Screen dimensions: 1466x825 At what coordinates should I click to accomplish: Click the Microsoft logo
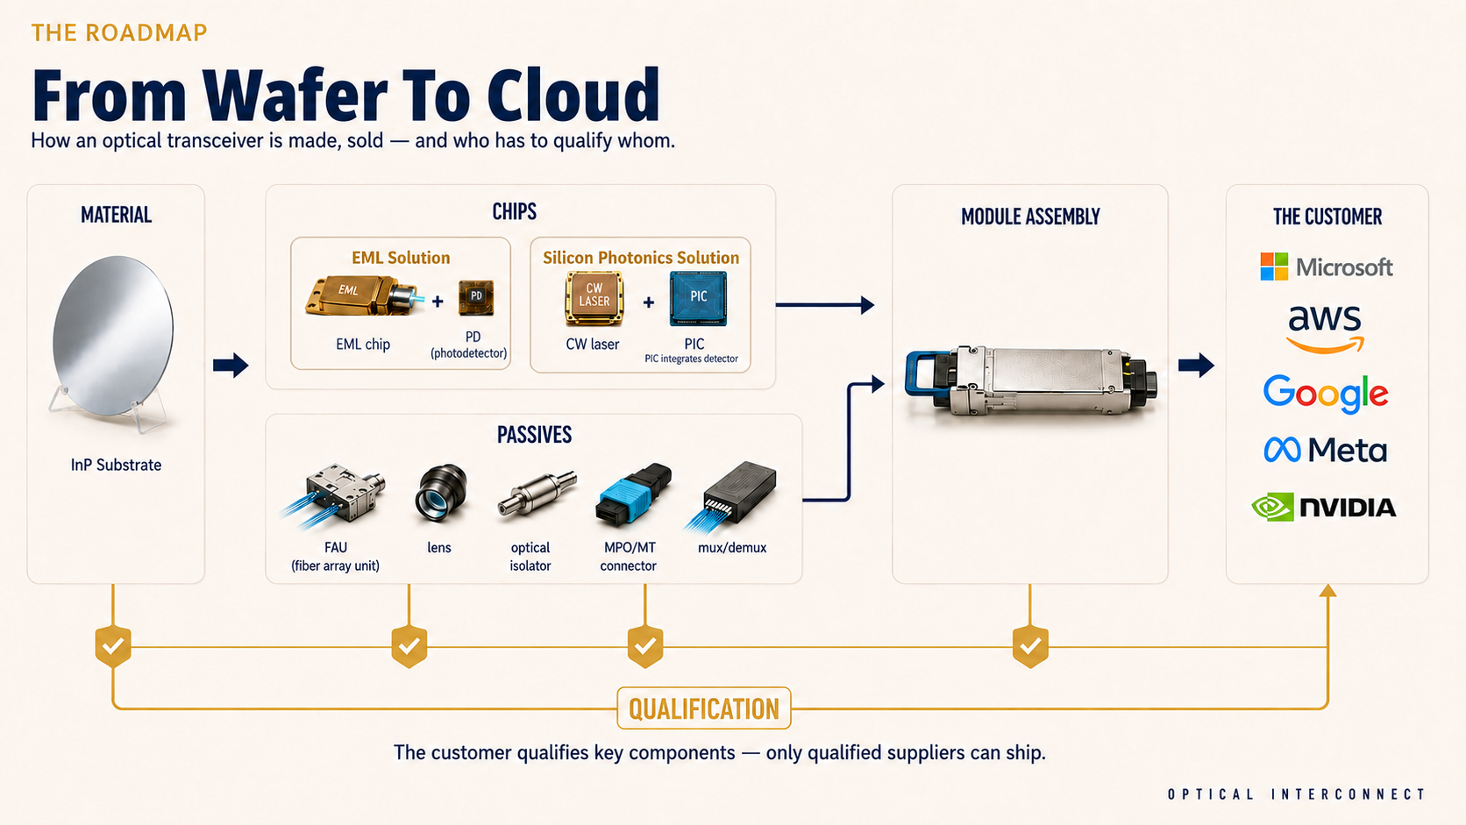[x=1327, y=267]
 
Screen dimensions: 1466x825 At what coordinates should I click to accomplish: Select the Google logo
[x=1326, y=394]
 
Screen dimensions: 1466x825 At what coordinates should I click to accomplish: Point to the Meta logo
[x=1326, y=450]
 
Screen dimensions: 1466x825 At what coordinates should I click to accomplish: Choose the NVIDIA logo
[x=1324, y=507]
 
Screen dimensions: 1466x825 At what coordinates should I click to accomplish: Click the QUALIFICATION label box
[x=703, y=708]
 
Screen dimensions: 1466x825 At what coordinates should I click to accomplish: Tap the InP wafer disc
[x=112, y=335]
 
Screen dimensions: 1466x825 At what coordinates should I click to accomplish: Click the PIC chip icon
[x=698, y=298]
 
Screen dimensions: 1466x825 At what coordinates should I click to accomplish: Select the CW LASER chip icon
[x=594, y=298]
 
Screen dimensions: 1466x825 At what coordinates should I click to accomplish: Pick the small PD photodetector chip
[x=476, y=297]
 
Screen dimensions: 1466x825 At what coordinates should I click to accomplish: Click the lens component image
[x=440, y=493]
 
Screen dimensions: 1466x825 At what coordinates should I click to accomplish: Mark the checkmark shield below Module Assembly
[x=1030, y=646]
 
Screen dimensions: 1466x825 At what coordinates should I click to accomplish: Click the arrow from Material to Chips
[x=231, y=365]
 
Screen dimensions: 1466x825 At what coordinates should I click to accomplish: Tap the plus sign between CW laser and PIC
[x=648, y=302]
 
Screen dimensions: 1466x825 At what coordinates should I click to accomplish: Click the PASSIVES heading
[x=534, y=435]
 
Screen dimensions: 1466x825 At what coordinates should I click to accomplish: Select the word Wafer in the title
[x=294, y=96]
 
